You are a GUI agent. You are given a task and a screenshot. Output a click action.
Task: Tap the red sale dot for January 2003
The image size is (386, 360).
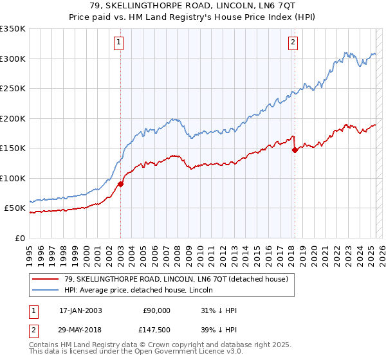(120, 184)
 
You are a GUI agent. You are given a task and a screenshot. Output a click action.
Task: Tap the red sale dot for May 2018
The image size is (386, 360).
(295, 150)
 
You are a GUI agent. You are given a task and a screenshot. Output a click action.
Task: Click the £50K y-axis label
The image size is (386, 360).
(15, 208)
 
